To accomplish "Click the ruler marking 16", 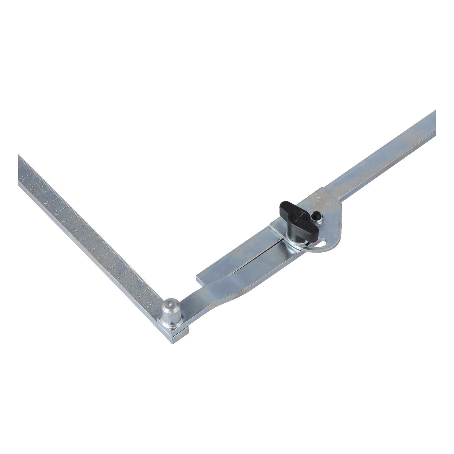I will [111, 268].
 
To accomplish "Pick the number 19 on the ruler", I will [84, 240].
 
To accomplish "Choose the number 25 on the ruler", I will [30, 187].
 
